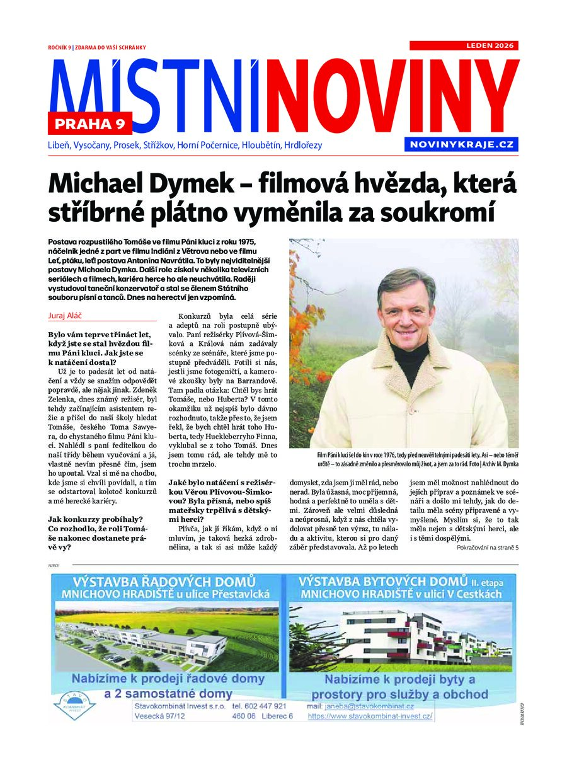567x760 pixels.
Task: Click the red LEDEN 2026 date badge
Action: point(464,45)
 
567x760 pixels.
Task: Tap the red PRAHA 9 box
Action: point(90,124)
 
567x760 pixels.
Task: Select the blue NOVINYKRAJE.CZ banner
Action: point(462,144)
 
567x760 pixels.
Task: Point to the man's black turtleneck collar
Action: point(409,350)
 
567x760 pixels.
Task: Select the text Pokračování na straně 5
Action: point(487,548)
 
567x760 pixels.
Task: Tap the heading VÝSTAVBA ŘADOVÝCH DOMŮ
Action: point(164,580)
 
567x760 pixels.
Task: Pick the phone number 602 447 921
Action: point(259,706)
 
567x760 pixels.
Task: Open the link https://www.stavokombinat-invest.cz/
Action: point(370,717)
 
